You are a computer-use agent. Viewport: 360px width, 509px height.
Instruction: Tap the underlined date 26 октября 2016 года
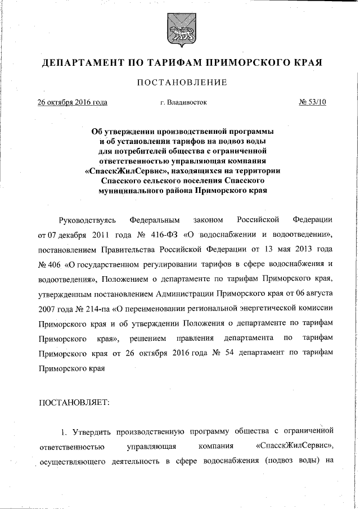pyautogui.click(x=72, y=103)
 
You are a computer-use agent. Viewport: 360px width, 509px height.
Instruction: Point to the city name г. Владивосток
pyautogui.click(x=183, y=103)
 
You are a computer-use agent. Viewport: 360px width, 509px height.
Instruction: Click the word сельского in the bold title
pyautogui.click(x=172, y=181)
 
